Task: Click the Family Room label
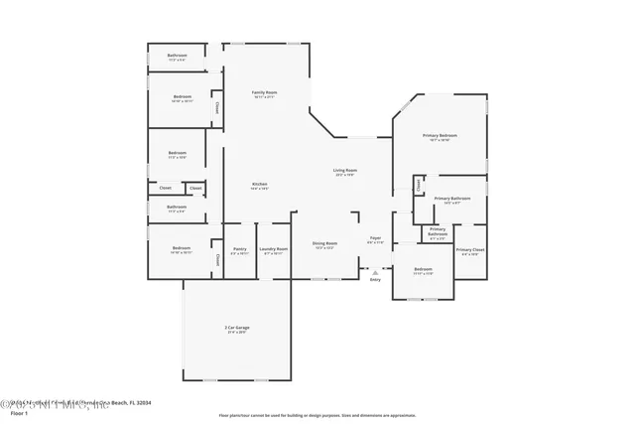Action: (x=264, y=93)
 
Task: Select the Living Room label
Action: (x=345, y=172)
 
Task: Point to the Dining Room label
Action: (x=325, y=244)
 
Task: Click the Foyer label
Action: (x=375, y=239)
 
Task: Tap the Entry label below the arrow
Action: (x=375, y=280)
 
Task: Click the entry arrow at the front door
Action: (x=375, y=270)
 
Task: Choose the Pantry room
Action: (x=239, y=250)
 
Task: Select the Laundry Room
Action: (x=274, y=250)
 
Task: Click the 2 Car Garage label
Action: (x=235, y=329)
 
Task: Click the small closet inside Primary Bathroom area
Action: (x=419, y=184)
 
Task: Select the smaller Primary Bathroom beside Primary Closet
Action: (x=438, y=233)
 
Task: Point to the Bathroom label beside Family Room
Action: (x=178, y=57)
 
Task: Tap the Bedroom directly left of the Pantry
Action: (x=181, y=249)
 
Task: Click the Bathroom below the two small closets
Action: (x=178, y=209)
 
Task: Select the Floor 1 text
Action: (x=13, y=413)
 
